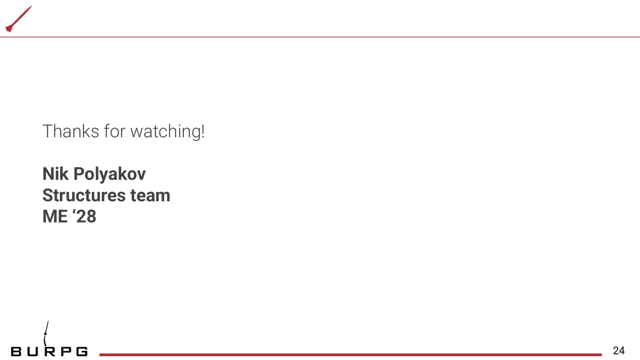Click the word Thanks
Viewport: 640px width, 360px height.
tap(71, 131)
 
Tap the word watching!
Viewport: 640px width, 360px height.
tap(167, 132)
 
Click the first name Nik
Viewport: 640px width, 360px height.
tap(55, 174)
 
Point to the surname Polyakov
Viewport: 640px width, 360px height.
tap(109, 174)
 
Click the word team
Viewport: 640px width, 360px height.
tap(150, 196)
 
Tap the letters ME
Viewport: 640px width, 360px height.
tap(55, 216)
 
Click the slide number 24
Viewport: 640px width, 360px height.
tap(619, 351)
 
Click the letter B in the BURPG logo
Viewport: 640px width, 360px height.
tap(16, 352)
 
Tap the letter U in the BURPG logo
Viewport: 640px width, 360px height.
tap(33, 352)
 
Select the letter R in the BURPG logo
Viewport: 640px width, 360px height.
tap(50, 352)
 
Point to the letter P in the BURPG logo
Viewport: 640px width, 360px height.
tap(66, 352)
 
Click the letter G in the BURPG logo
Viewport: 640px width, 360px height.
tap(82, 352)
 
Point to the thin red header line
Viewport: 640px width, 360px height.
tap(320, 37)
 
